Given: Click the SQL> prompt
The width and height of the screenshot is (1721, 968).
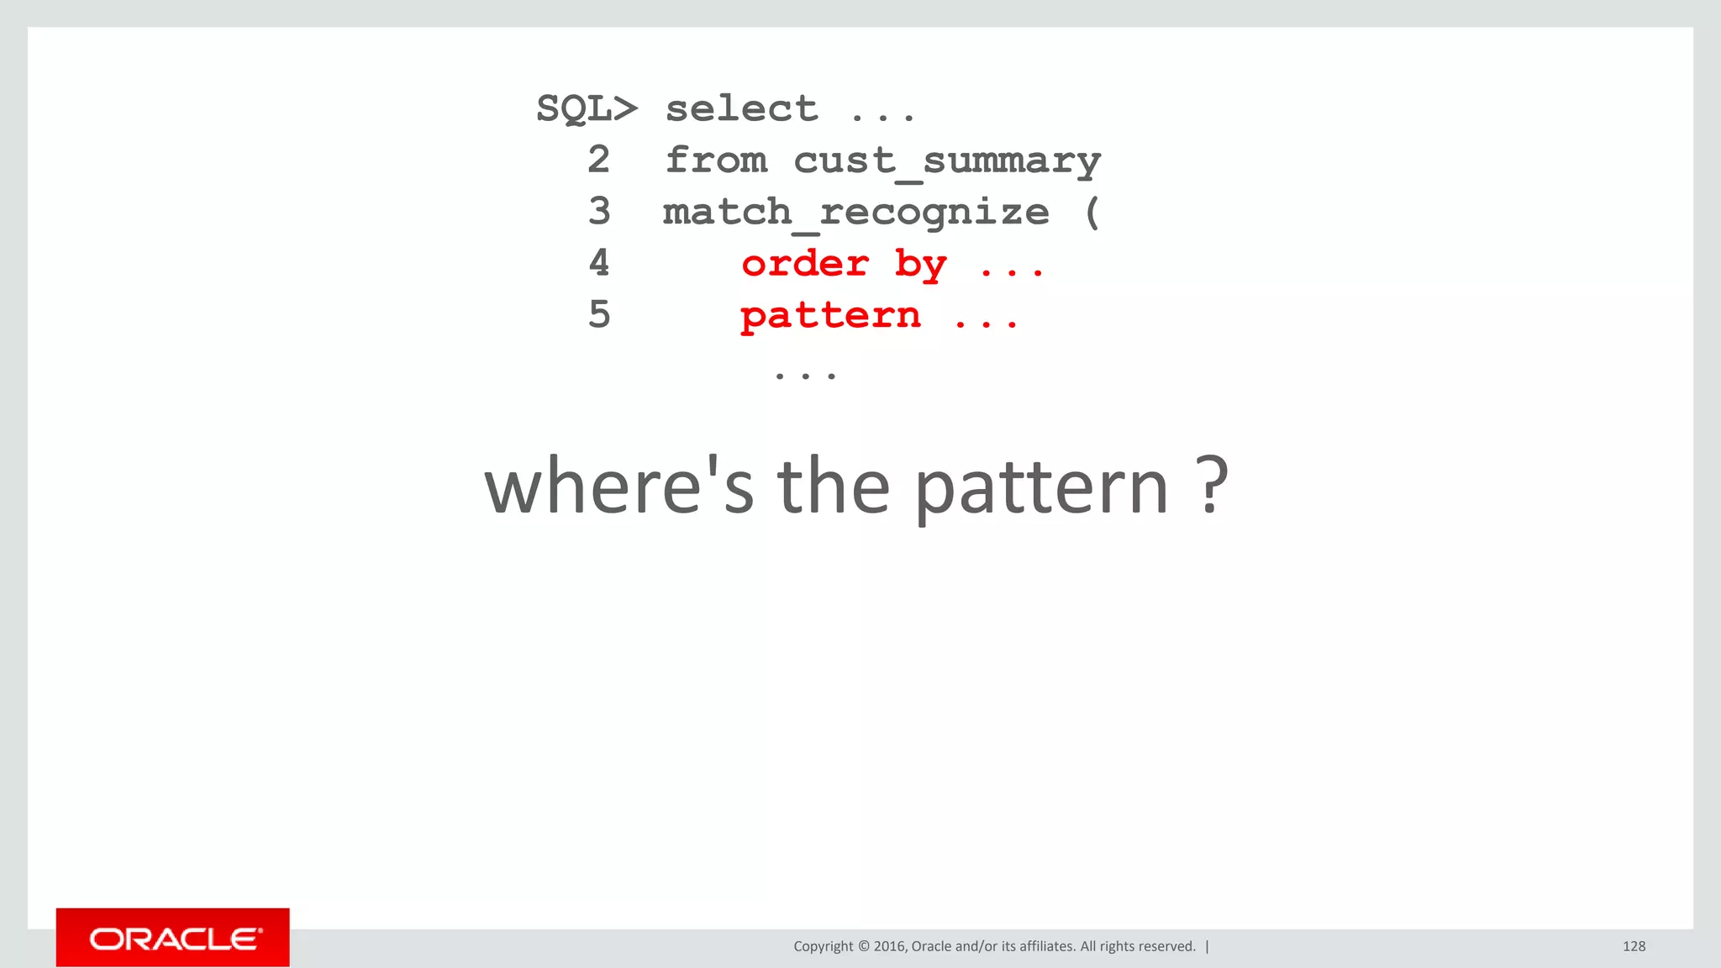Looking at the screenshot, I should click(587, 109).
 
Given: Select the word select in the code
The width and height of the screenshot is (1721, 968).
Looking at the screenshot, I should click(741, 109).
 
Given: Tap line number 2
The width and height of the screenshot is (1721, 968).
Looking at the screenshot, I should click(598, 160).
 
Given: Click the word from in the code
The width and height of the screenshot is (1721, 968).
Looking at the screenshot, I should click(716, 160).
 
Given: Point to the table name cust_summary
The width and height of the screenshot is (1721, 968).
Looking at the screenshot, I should click(947, 161).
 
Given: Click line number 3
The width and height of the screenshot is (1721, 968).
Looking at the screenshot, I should click(598, 211).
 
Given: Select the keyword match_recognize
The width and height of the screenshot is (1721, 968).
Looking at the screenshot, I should click(855, 213).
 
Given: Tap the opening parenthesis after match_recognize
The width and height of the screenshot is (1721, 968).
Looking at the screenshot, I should click(1092, 213).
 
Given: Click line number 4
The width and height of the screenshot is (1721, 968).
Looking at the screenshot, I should click(598, 263).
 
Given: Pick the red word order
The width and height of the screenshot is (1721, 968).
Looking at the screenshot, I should click(805, 264).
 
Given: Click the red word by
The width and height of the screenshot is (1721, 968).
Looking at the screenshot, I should click(920, 266).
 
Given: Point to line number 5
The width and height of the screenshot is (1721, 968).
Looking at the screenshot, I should click(598, 315).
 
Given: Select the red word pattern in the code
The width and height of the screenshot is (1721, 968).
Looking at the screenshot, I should click(830, 317).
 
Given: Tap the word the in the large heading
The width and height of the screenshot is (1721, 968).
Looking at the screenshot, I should click(833, 487).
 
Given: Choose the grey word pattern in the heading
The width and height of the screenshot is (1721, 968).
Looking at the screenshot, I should click(1041, 489).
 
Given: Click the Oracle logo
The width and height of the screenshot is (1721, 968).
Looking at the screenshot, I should click(173, 938).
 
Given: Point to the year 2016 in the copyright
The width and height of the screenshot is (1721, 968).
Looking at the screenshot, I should click(889, 946).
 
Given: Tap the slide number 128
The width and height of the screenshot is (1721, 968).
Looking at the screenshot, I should click(1634, 946).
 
